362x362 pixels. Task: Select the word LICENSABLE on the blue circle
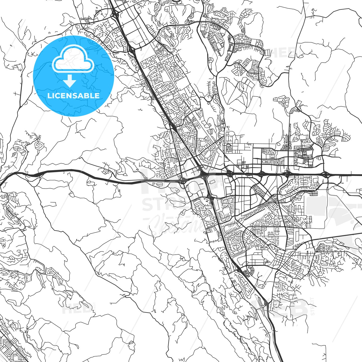coord(73,96)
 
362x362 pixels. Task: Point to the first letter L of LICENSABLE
coord(49,96)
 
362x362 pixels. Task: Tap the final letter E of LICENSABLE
coord(97,96)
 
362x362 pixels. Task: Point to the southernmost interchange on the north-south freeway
coord(266,304)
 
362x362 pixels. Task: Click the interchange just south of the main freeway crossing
coord(210,198)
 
